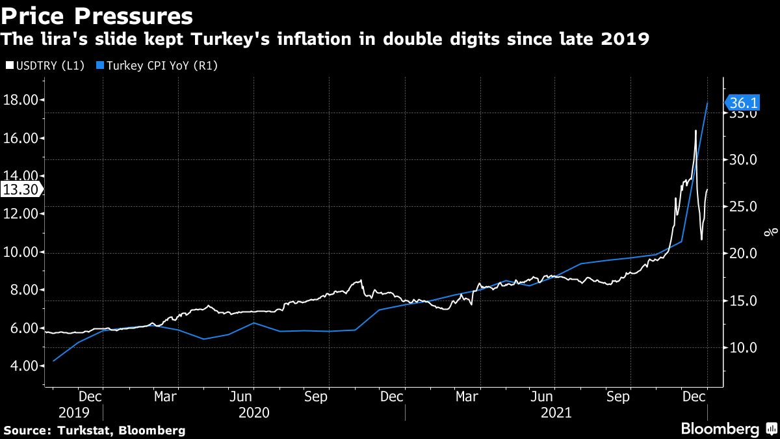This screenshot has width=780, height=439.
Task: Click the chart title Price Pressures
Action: pyautogui.click(x=97, y=16)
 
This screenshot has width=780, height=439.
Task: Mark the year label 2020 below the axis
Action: pyautogui.click(x=253, y=412)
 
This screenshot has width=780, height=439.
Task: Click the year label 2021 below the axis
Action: pyautogui.click(x=556, y=412)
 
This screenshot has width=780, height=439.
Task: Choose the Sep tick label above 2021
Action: pyautogui.click(x=618, y=395)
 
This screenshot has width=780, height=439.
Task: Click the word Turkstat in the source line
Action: pyautogui.click(x=84, y=430)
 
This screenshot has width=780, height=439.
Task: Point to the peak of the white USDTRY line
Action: pyautogui.click(x=695, y=131)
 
